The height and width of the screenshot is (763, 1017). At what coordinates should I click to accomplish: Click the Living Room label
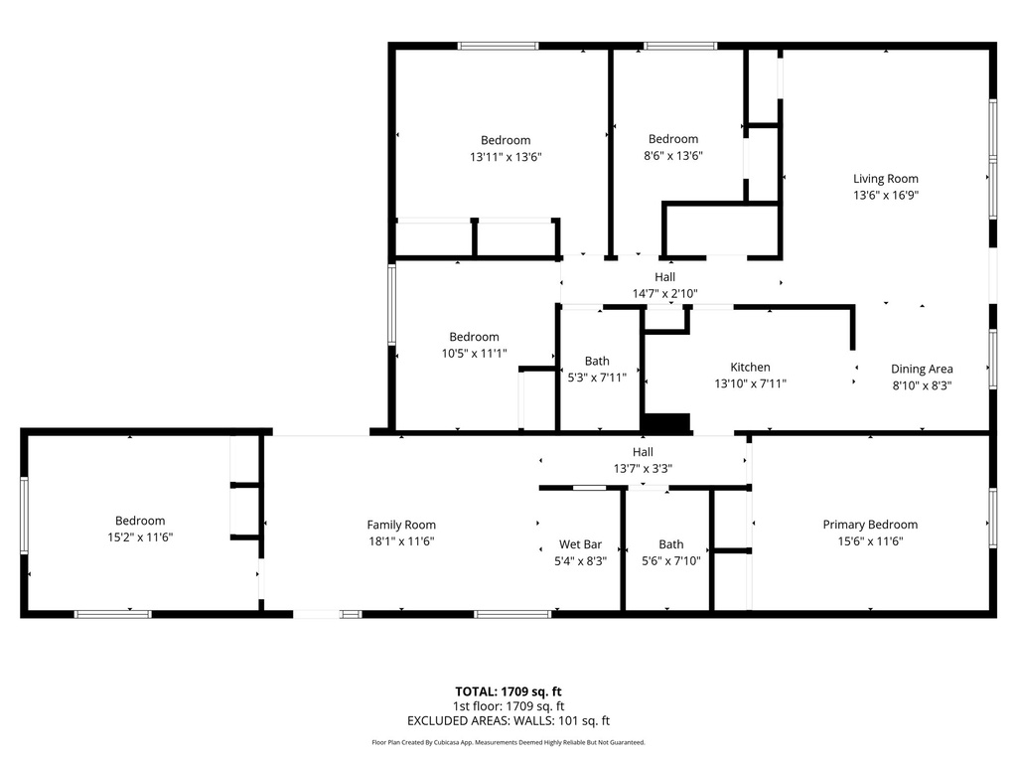coord(885,179)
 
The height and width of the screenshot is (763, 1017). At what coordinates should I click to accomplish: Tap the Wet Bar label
coord(580,544)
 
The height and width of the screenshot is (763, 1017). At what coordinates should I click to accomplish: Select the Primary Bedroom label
coord(870,525)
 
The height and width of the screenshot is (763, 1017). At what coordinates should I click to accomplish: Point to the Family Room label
coord(401,525)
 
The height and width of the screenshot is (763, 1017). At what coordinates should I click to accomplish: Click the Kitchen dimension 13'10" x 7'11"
coord(751,383)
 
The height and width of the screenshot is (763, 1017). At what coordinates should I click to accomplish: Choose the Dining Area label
coord(922,370)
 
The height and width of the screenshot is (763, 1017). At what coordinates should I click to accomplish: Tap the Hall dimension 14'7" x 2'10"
coord(664,293)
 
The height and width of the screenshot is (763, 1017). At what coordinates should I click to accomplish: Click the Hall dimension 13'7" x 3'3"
coord(643,469)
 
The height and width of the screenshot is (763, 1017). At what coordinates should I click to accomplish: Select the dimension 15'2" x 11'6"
coord(140,537)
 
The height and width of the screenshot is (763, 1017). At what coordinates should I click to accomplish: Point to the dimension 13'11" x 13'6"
coord(506,157)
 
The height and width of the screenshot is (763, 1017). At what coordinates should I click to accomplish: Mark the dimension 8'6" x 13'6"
coord(673,156)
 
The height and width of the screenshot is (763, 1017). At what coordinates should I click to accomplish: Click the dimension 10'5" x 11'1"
coord(474,354)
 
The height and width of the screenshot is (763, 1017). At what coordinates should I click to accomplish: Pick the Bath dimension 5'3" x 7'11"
coord(597,378)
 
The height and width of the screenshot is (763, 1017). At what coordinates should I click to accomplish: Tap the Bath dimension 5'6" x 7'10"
coord(671,561)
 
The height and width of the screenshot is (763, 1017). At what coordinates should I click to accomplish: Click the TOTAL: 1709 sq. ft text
coord(508,691)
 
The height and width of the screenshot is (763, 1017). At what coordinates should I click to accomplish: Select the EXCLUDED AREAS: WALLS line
coord(508,721)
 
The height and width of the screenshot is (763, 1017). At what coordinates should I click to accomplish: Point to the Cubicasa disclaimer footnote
coord(508,742)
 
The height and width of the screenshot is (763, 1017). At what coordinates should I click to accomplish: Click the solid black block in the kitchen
coord(666,423)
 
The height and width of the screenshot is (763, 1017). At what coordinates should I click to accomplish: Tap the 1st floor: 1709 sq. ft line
coord(508,706)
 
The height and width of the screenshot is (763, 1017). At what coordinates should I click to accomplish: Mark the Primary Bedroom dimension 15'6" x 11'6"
coord(870,541)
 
